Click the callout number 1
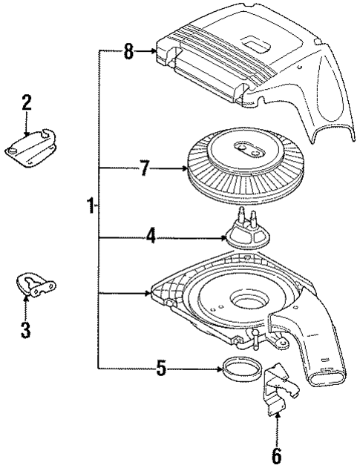point(91,205)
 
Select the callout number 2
point(26,102)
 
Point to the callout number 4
point(150,238)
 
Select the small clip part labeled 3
point(34,286)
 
